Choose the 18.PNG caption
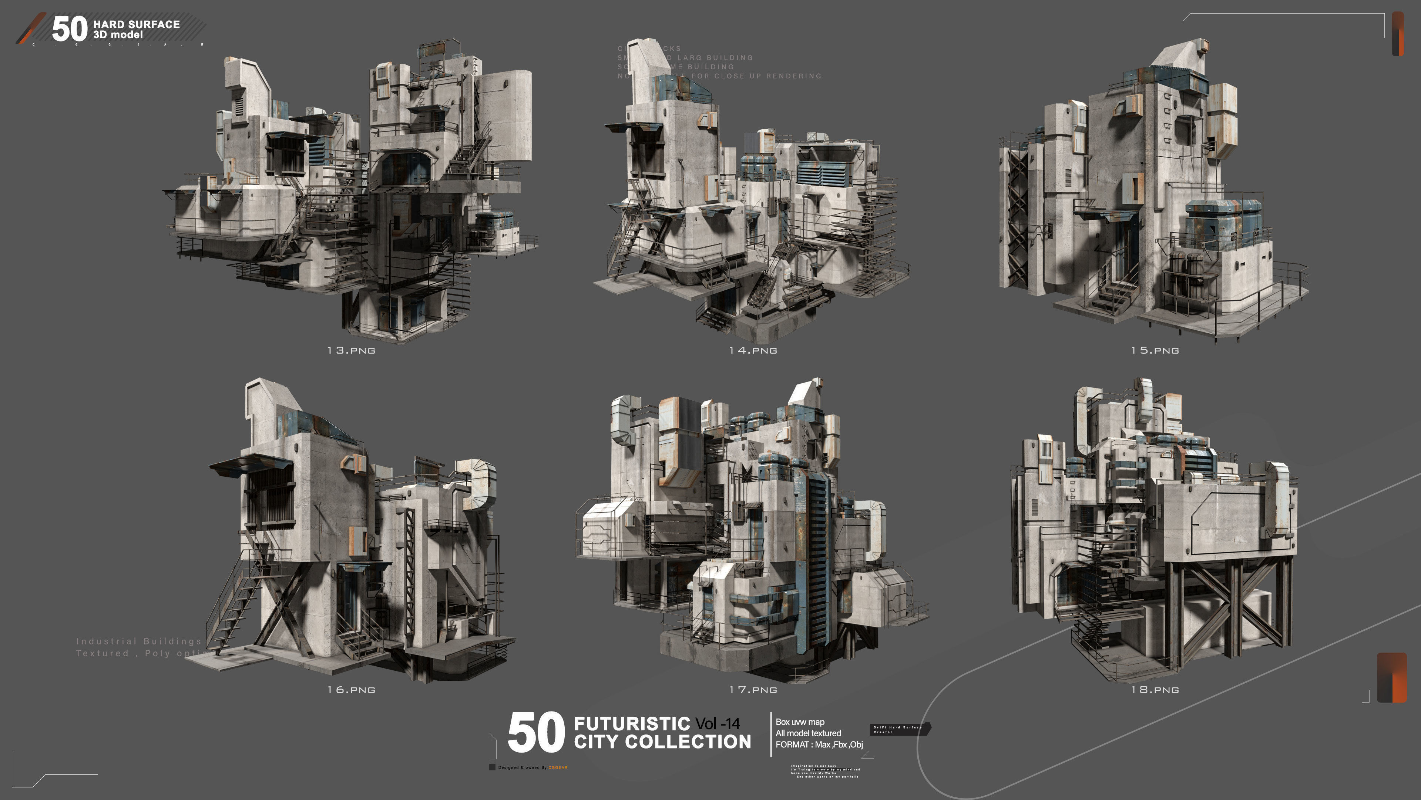point(1155,690)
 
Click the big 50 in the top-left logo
point(70,29)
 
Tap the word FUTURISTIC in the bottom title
point(632,723)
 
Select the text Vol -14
point(717,723)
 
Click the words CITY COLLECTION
point(662,742)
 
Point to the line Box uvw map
point(800,721)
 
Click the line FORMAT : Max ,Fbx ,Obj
point(819,744)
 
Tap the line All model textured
point(808,733)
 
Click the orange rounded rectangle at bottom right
point(1392,677)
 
